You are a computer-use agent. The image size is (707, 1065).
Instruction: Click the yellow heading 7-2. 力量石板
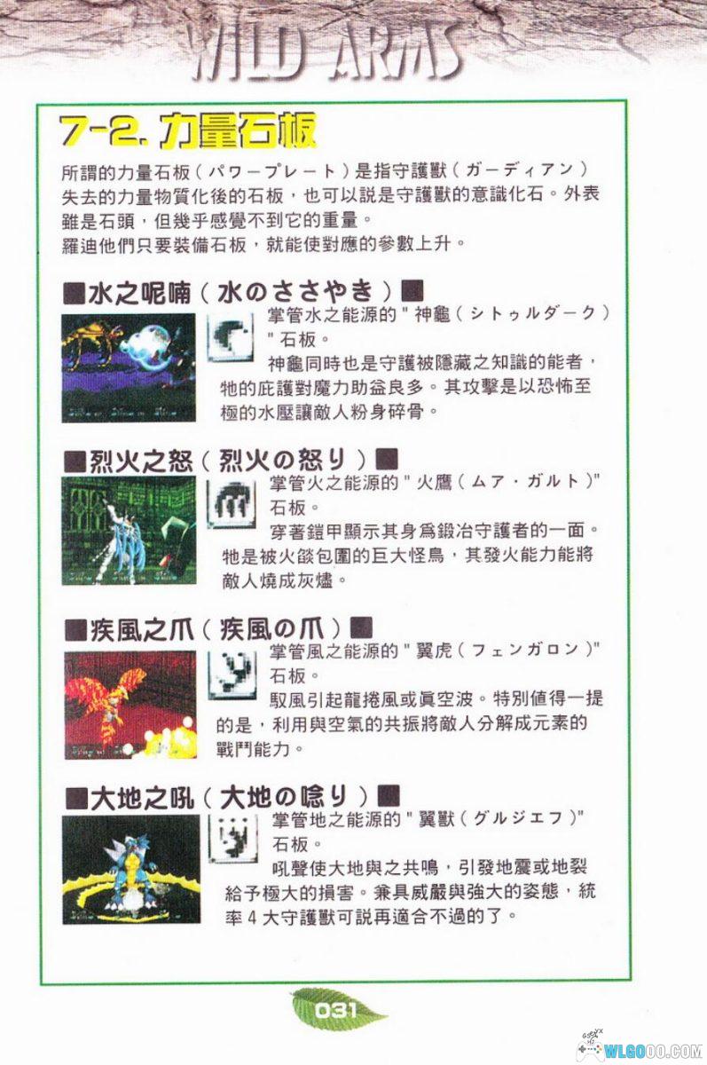click(x=187, y=132)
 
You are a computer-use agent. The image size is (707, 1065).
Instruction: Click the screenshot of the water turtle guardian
click(x=129, y=367)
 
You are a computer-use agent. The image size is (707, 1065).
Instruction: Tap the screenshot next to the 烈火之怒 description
click(x=129, y=531)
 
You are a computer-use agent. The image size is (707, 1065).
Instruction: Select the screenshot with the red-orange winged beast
click(x=130, y=705)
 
